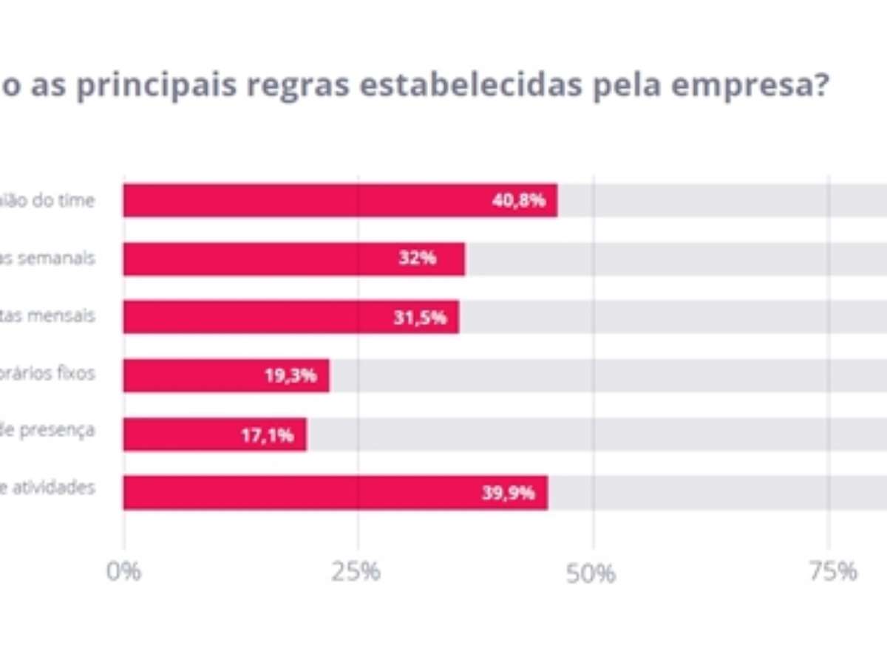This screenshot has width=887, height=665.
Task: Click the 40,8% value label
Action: (x=518, y=200)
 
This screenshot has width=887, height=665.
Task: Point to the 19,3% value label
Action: (x=290, y=375)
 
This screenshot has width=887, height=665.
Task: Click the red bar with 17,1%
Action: (x=214, y=434)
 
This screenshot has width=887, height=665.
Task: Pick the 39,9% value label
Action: (x=508, y=493)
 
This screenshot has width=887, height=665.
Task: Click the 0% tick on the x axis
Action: (x=123, y=571)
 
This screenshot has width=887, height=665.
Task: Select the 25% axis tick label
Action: (x=356, y=571)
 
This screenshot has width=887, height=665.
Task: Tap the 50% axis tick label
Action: (x=591, y=573)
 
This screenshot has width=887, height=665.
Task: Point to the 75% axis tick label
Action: (x=832, y=571)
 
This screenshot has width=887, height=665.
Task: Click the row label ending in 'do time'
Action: (x=47, y=200)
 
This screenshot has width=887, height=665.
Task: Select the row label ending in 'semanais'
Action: (x=47, y=259)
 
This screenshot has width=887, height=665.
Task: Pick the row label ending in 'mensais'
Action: (x=47, y=316)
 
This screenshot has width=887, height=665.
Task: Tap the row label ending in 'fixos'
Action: (x=47, y=373)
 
